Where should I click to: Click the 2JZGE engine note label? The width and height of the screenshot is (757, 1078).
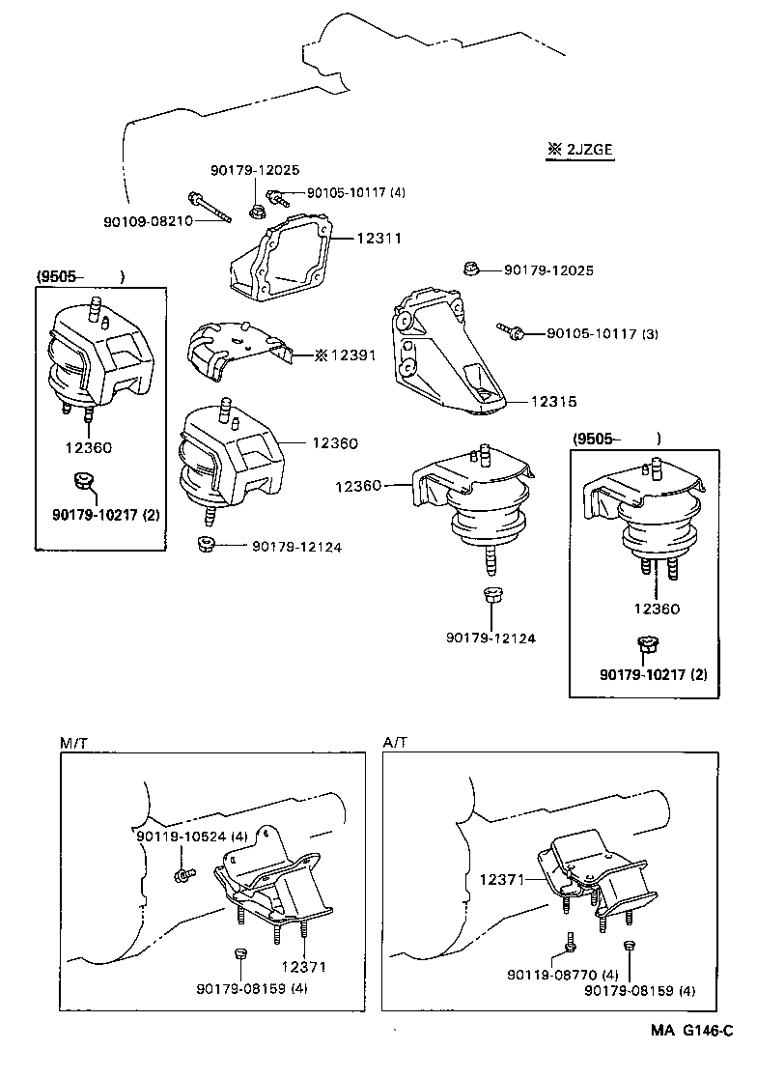point(580,150)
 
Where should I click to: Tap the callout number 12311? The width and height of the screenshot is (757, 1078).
point(378,237)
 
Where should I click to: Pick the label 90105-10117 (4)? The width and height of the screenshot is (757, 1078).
point(355,192)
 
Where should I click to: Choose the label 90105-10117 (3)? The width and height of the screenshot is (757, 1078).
point(602,334)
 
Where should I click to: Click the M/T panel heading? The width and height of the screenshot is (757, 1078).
point(73,742)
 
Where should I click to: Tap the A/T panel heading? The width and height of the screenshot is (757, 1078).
point(395,742)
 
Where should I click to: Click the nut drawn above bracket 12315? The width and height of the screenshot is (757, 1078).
point(468,269)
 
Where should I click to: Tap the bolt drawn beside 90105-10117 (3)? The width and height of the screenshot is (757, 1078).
point(512,331)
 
